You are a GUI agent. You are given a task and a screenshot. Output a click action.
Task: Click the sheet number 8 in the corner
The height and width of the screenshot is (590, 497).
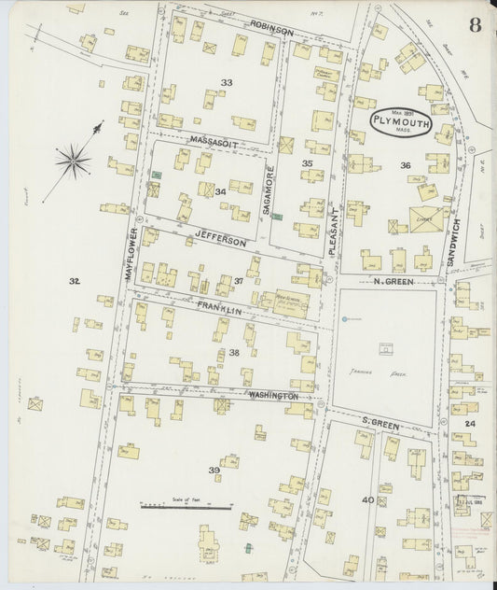(476, 24)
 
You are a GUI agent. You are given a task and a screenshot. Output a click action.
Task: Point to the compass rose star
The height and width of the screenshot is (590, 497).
(73, 162)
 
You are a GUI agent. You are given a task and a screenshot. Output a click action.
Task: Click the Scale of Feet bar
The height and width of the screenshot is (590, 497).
(186, 507)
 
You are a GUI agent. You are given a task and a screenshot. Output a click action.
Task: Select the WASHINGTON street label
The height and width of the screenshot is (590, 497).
(272, 396)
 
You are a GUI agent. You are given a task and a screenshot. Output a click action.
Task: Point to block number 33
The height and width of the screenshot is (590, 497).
(226, 83)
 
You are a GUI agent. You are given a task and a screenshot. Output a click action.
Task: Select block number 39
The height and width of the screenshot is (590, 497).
(214, 471)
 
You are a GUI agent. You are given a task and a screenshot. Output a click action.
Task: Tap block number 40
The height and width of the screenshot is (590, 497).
(368, 499)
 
